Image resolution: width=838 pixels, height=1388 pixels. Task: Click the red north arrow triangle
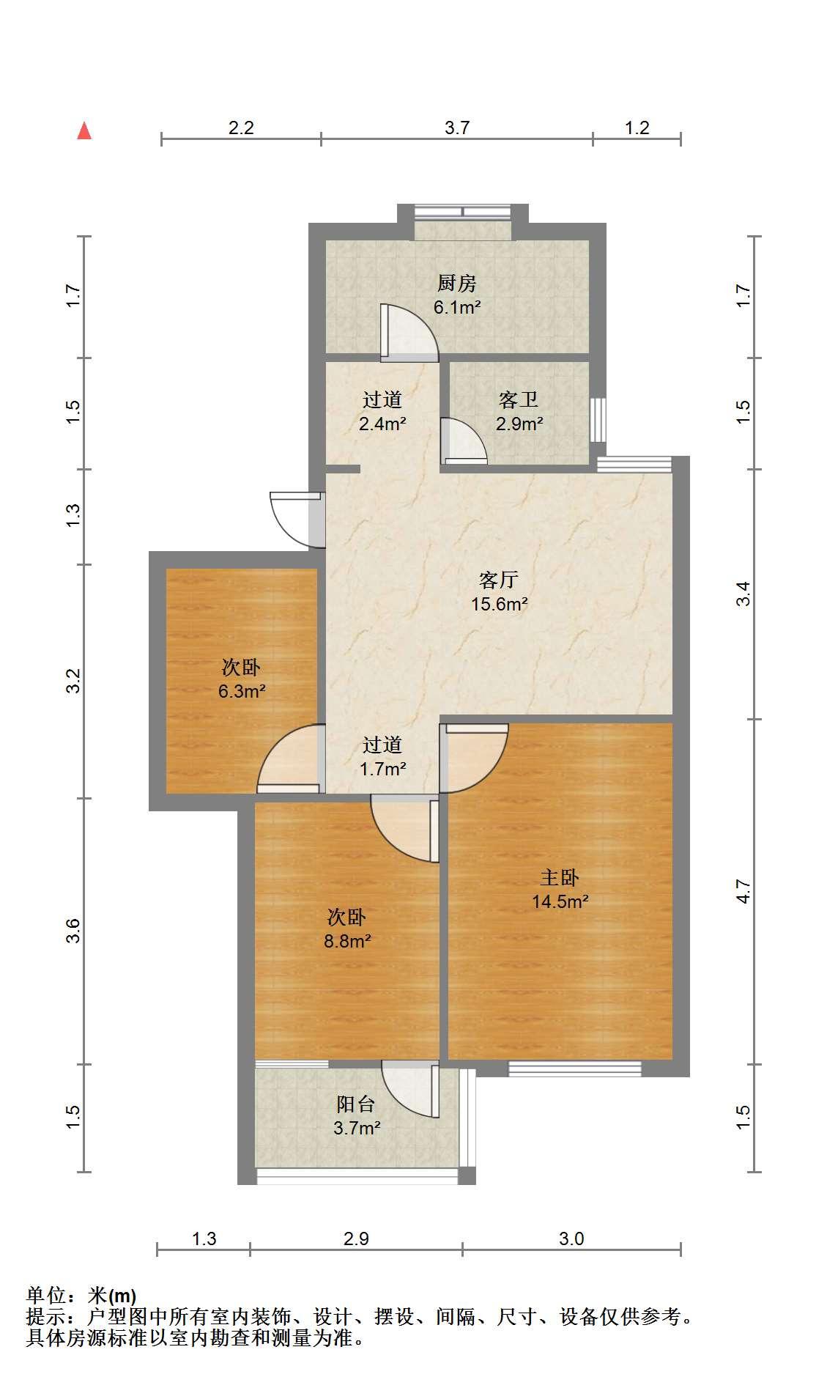coord(85,131)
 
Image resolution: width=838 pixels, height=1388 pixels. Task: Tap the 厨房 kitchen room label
coord(457,283)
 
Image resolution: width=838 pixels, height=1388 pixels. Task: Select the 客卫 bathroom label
coord(519,400)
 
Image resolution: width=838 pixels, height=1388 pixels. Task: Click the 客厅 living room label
coord(499,580)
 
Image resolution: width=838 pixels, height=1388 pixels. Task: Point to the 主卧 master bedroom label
coord(560,877)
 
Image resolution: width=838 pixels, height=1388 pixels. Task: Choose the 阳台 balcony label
coord(356,1104)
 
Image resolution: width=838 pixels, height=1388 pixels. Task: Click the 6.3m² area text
coord(242,691)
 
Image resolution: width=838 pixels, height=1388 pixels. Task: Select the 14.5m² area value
coord(560,901)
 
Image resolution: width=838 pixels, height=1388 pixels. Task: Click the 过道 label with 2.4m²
coord(382,400)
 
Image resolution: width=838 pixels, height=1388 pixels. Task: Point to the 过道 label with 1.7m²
coord(382,745)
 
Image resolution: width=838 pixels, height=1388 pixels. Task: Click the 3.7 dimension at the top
coord(457,128)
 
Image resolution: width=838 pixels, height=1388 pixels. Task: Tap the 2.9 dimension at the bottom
coord(356,1239)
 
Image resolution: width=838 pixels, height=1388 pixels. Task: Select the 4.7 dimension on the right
coord(744,890)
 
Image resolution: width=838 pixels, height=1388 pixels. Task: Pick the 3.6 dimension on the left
coord(72,931)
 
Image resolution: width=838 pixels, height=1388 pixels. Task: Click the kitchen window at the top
coord(463,213)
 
